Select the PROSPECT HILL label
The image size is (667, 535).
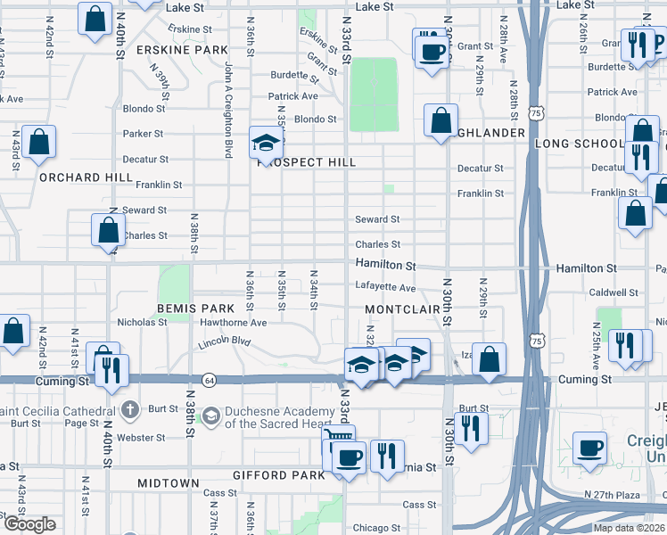(307, 162)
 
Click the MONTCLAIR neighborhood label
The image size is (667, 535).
(403, 309)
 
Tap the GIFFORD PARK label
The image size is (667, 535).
(278, 475)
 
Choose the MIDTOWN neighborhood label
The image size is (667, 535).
(169, 482)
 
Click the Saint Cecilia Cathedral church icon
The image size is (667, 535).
(130, 410)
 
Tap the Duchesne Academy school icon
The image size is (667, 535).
(211, 416)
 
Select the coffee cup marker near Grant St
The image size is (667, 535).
(432, 50)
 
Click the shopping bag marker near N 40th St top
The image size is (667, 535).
(95, 19)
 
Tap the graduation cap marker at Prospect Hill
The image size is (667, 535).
(265, 141)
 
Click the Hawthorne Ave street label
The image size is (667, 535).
(234, 322)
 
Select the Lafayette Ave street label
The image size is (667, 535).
(385, 288)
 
